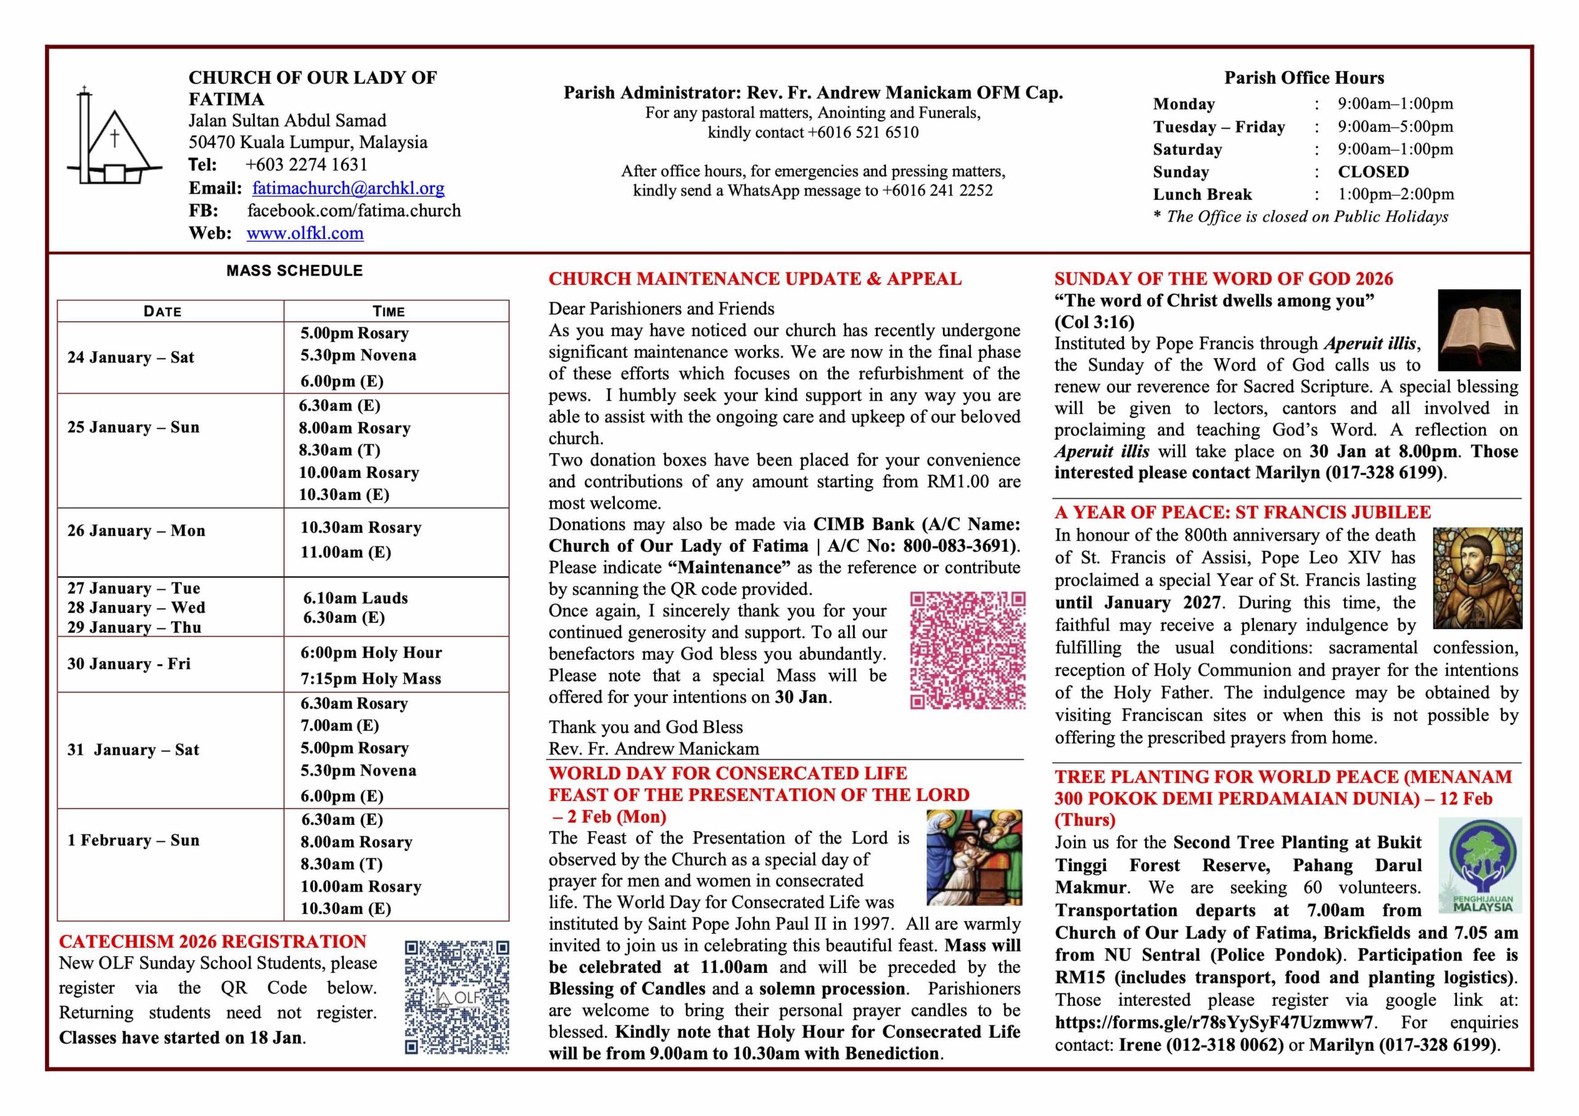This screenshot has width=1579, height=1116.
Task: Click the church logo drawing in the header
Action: [113, 137]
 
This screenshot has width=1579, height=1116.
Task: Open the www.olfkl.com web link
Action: [305, 233]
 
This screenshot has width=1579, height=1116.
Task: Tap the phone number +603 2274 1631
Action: [306, 165]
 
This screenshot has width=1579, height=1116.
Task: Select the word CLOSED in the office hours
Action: [1373, 172]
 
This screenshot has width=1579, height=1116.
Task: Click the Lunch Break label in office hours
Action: [1202, 195]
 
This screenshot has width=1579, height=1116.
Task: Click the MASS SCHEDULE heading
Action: [294, 271]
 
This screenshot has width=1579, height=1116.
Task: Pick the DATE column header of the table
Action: [163, 311]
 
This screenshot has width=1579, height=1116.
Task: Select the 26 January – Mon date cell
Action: [136, 531]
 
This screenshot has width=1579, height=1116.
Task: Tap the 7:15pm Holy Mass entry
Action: [371, 679]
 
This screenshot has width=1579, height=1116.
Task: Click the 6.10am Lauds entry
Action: [355, 598]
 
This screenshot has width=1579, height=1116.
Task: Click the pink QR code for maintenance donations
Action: [968, 650]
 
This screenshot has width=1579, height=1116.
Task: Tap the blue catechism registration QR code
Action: [456, 997]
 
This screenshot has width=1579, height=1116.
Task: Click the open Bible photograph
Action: [1478, 330]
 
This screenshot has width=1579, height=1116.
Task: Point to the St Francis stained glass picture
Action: [1477, 578]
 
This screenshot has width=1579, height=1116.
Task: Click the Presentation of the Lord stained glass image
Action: [974, 858]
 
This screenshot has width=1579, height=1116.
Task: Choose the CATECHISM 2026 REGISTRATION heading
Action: [213, 942]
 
